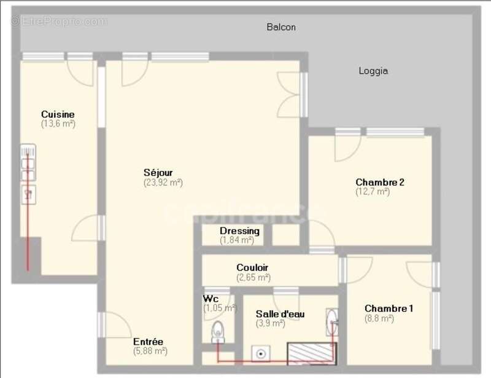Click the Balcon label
click(x=281, y=27)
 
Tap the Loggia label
click(x=373, y=71)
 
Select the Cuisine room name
click(x=58, y=114)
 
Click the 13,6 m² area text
click(x=58, y=124)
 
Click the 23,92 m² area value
click(x=163, y=183)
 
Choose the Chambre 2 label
click(x=379, y=182)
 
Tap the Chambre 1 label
click(x=389, y=308)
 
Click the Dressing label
click(x=239, y=231)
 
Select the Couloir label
click(x=253, y=268)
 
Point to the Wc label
click(x=211, y=299)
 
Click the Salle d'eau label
click(x=280, y=314)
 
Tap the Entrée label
click(x=148, y=342)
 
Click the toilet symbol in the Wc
click(x=217, y=334)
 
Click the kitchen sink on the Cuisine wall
click(x=28, y=163)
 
